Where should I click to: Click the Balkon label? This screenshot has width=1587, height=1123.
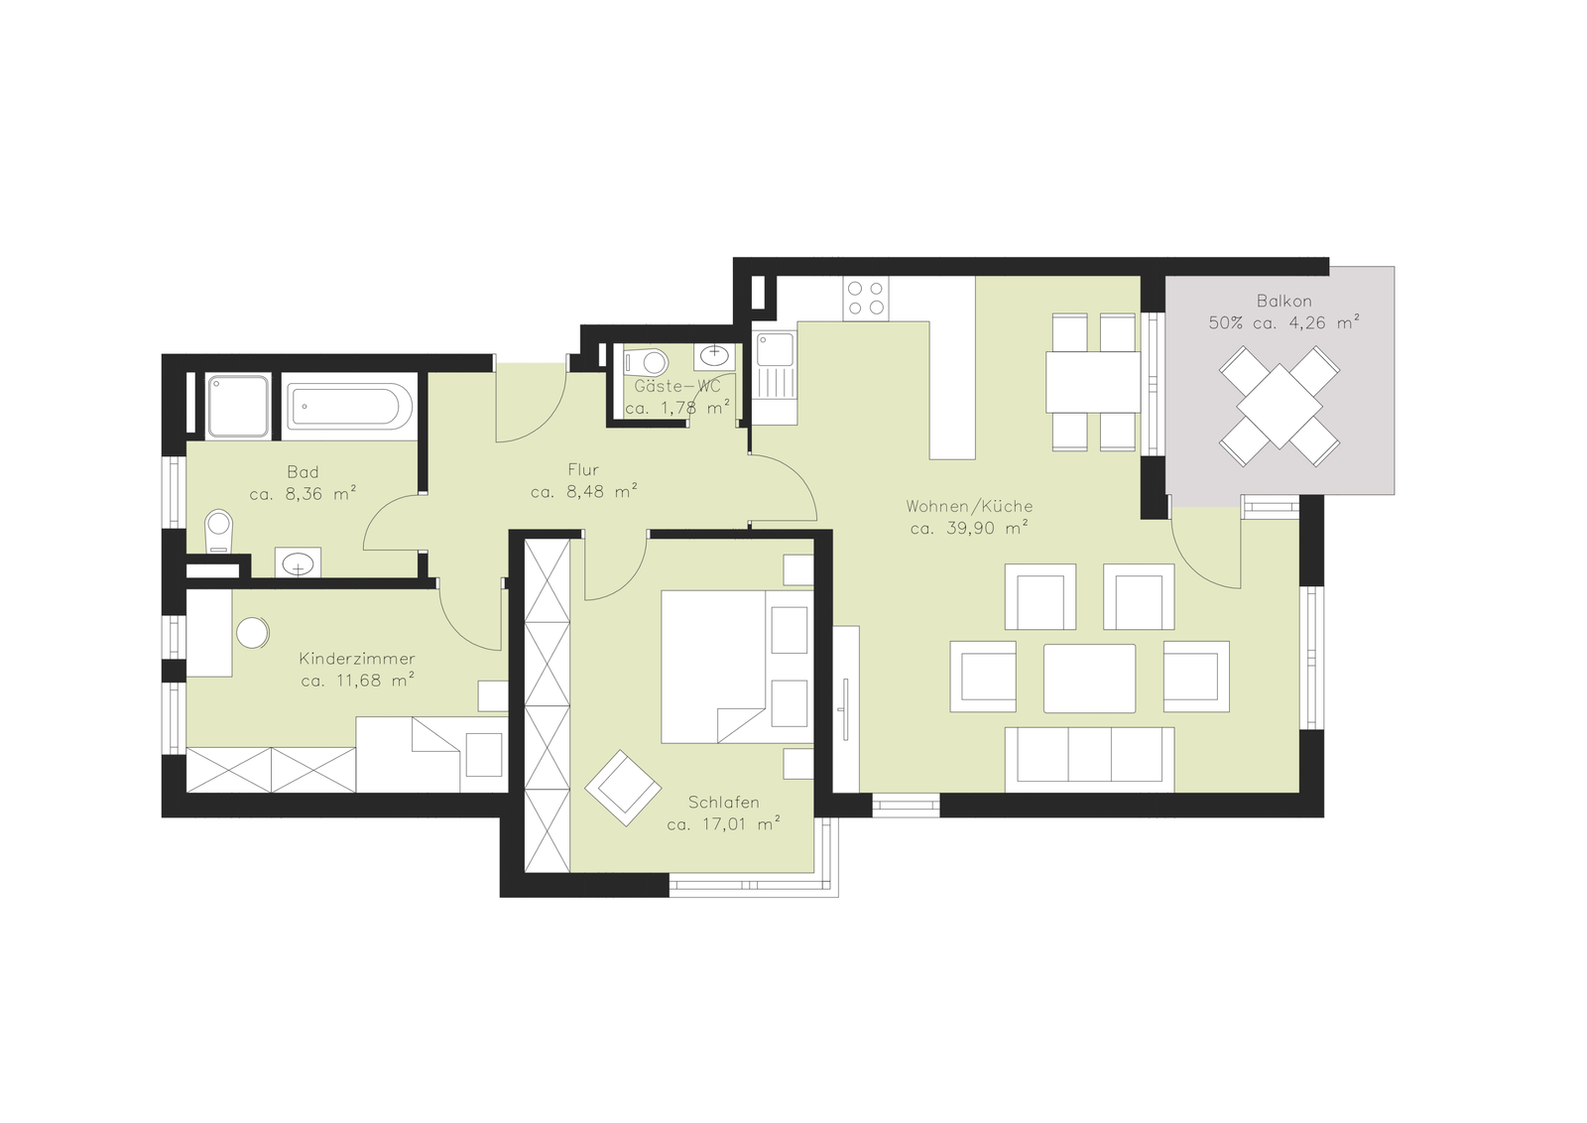point(1283,301)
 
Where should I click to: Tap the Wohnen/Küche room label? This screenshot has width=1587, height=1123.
point(969,507)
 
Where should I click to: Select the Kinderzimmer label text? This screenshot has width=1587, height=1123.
point(357,659)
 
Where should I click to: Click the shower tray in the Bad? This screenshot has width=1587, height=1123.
point(238,406)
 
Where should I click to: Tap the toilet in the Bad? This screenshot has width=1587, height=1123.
point(218,530)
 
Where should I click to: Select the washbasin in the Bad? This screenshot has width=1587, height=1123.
point(298,562)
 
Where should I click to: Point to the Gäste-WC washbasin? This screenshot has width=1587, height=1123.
point(714,356)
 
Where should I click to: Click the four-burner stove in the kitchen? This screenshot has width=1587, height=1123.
point(867,299)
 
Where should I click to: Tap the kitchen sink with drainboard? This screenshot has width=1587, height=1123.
point(775,378)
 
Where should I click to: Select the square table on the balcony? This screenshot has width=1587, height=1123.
point(1280,406)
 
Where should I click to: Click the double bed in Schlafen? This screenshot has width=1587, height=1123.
point(737,667)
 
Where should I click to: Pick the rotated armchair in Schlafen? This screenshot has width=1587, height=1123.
point(623,787)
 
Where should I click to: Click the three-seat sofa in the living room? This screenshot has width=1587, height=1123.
point(1089,759)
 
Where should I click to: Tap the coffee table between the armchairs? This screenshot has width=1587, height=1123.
point(1089,678)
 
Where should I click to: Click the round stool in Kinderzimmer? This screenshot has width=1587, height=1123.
point(252,633)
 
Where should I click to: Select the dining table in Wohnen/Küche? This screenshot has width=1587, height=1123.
point(1093,382)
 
